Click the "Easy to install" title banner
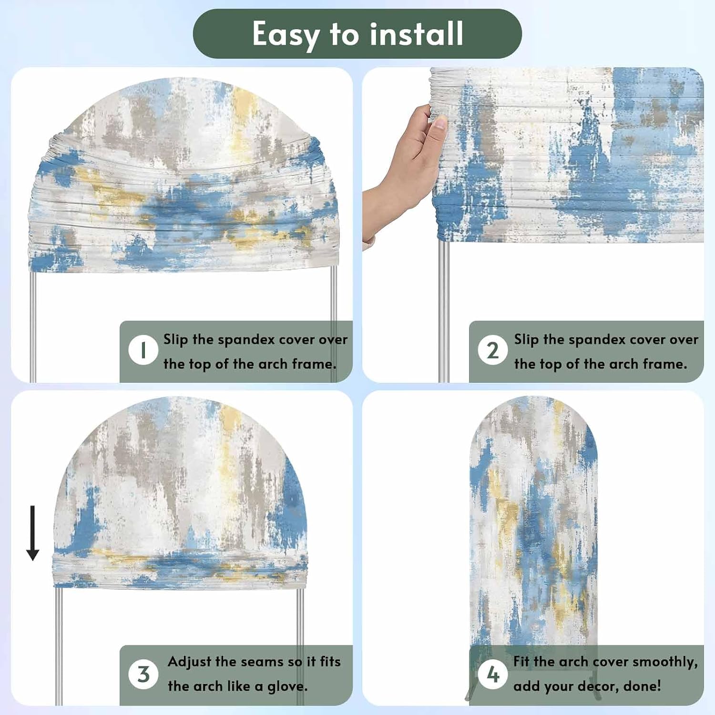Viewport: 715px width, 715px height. (357, 34)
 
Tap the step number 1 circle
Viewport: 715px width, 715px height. (143, 350)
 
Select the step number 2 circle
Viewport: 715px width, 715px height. (493, 350)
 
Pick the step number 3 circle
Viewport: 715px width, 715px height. (143, 674)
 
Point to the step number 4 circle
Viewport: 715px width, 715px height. (493, 674)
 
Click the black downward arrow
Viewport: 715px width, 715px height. (32, 533)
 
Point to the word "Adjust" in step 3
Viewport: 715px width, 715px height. (189, 662)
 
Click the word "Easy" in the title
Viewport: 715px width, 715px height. (286, 35)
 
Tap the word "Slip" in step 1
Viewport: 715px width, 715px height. (176, 340)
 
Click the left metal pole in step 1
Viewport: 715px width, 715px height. (32, 327)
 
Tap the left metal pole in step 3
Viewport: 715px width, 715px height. (59, 646)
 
